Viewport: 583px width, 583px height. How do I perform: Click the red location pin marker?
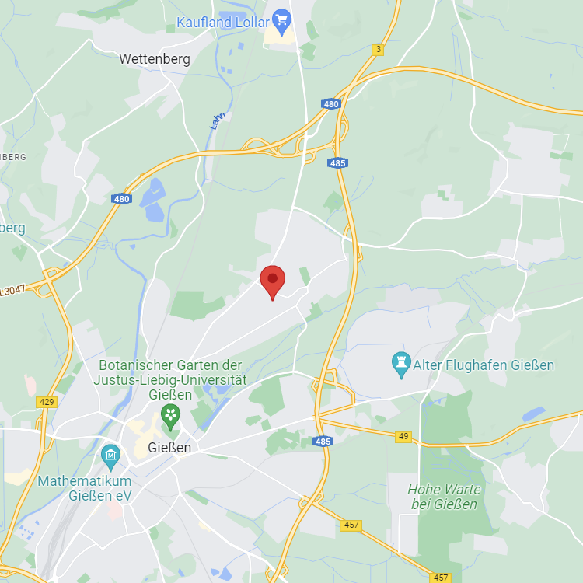click(272, 281)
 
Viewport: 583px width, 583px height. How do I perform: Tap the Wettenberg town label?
click(154, 58)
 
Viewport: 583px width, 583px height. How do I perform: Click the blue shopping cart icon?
click(281, 19)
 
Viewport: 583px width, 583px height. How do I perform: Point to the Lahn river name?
click(218, 120)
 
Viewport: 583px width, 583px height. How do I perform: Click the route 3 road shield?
click(378, 50)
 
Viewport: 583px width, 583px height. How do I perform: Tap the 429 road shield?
click(46, 401)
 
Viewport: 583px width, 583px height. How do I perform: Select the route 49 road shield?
click(403, 437)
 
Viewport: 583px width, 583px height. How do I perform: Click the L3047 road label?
click(13, 291)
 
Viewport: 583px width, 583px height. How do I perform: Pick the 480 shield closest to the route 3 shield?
click(331, 104)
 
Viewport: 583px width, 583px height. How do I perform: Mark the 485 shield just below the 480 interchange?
click(337, 163)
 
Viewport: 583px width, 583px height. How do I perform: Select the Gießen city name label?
click(169, 448)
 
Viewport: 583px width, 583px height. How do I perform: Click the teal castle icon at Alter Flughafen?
click(401, 363)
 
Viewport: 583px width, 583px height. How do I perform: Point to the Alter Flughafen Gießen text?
click(484, 365)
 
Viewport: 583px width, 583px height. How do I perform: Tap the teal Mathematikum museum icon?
click(110, 453)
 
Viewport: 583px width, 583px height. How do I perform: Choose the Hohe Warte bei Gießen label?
click(444, 497)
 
